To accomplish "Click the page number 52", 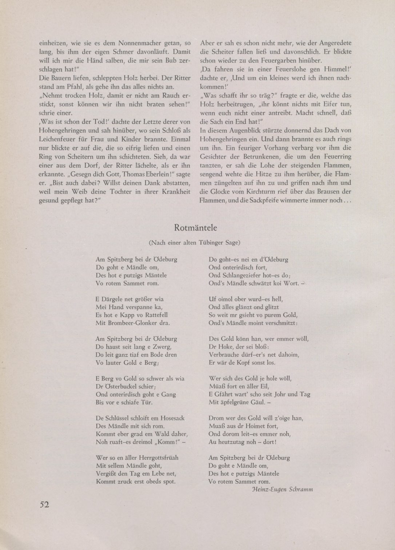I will coord(45,504).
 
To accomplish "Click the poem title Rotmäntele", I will coord(196,228).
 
